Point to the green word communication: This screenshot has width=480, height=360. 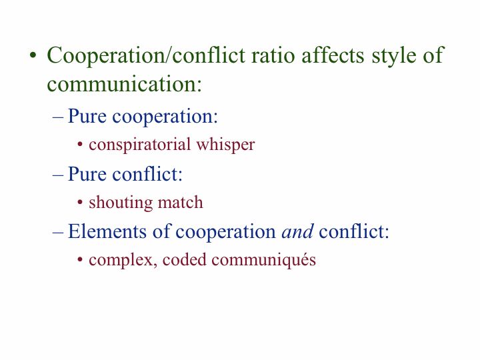(124, 84)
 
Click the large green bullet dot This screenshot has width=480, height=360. (33, 56)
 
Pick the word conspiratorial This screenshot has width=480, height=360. (139, 145)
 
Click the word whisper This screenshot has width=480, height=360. (225, 145)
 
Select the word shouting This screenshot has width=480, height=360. (121, 203)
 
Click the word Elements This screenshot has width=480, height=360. (107, 231)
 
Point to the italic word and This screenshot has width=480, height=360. (297, 231)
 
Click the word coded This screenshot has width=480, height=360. (184, 259)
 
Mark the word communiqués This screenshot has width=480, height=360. (263, 261)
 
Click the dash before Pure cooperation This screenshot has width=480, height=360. (58, 117)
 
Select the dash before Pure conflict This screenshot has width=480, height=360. (58, 175)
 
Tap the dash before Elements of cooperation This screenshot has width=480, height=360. (58, 233)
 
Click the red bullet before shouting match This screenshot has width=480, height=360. (80, 203)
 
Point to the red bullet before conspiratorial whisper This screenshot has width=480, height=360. (80, 145)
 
